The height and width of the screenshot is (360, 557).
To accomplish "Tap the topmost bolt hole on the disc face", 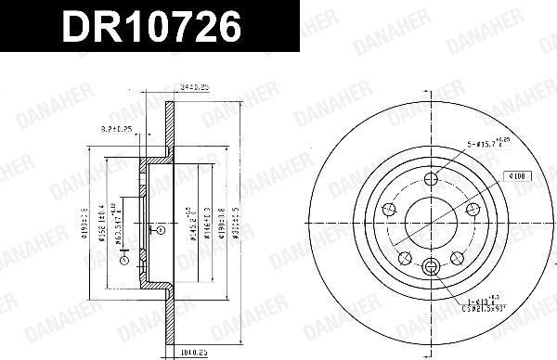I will pos(430,181).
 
